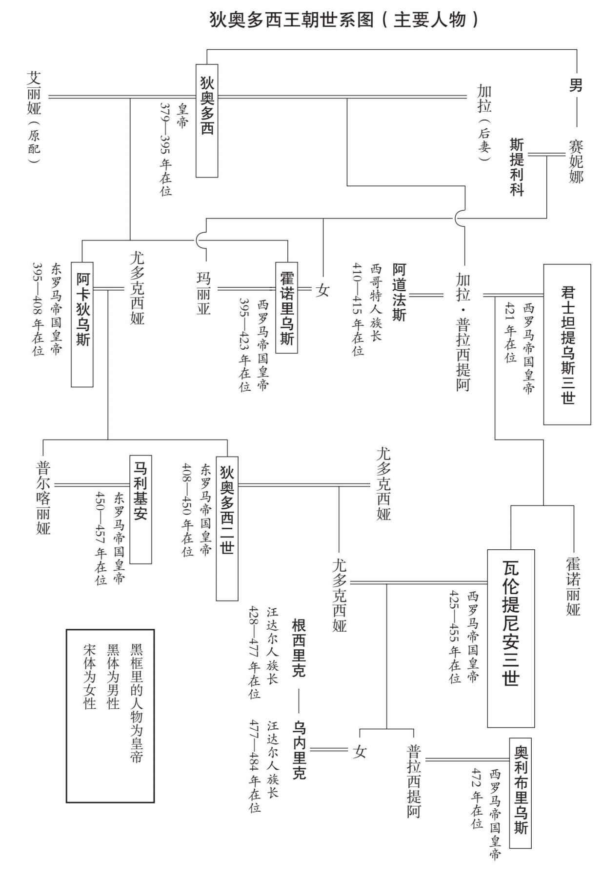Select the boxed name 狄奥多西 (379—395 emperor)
(207, 120)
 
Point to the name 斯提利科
(517, 167)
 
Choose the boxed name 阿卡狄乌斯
(82, 324)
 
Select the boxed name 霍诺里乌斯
(286, 307)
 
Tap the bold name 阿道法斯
(399, 292)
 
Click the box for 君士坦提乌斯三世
(567, 344)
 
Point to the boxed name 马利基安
(140, 509)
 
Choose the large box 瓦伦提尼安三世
(511, 638)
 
